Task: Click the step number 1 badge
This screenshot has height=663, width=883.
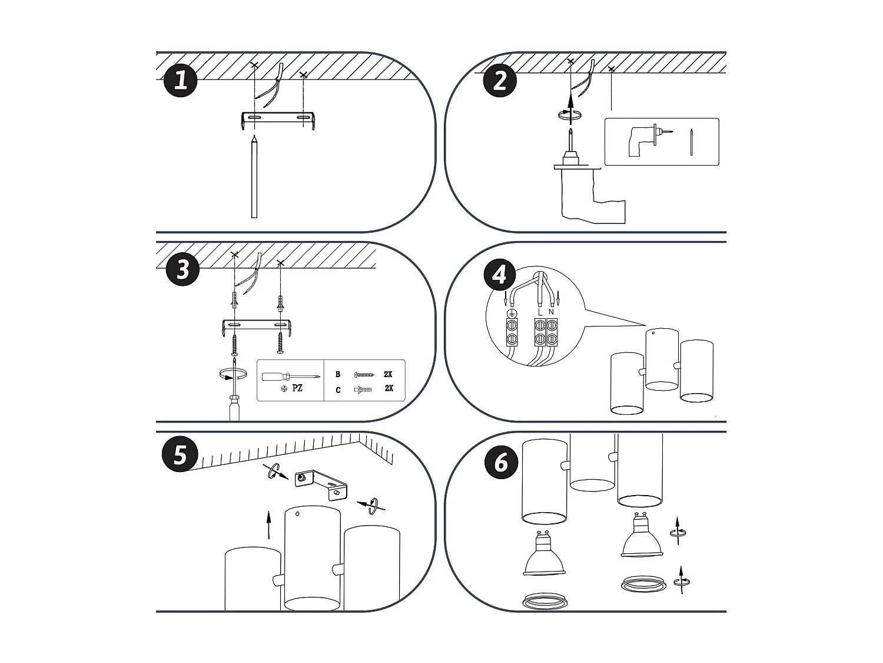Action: tap(180, 80)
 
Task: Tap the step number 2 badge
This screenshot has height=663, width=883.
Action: tap(500, 80)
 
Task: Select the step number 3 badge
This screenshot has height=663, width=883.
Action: tap(183, 270)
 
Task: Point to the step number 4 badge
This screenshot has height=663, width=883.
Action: tap(500, 275)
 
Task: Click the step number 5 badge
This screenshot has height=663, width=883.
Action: tap(180, 455)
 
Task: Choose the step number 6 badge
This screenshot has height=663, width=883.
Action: tap(501, 461)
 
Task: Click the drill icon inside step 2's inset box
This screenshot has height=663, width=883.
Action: tap(643, 141)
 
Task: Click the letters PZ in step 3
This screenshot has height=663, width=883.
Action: tap(297, 388)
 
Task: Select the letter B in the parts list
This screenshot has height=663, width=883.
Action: tap(338, 374)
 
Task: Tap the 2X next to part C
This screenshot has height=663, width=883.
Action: tap(389, 388)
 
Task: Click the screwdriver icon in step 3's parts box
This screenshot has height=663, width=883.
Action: tap(291, 377)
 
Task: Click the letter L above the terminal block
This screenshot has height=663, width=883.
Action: tap(540, 312)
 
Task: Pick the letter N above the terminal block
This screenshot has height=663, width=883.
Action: tap(551, 312)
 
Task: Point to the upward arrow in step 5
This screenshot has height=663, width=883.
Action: tap(268, 525)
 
